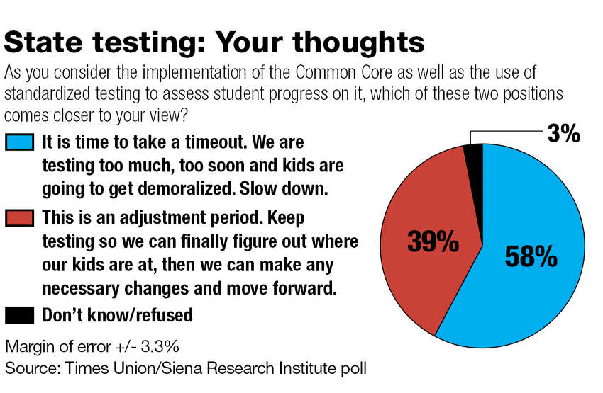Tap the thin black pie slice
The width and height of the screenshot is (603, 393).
pyautogui.click(x=475, y=161)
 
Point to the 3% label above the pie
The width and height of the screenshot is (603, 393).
pyautogui.click(x=564, y=134)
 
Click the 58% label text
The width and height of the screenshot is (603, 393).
pyautogui.click(x=531, y=256)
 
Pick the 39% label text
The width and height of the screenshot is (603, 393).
pyautogui.click(x=433, y=241)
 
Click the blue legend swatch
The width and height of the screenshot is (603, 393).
pyautogui.click(x=19, y=142)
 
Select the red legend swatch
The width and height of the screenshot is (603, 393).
pyautogui.click(x=19, y=217)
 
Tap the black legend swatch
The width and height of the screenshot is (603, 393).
pyautogui.click(x=19, y=315)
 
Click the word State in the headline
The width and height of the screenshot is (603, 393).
pyautogui.click(x=43, y=42)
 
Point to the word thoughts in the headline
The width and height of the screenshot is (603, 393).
pyautogui.click(x=358, y=43)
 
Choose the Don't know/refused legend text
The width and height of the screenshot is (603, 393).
pyautogui.click(x=117, y=315)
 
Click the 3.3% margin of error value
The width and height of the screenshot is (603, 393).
pyautogui.click(x=160, y=346)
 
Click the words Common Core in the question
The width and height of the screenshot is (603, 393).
pyautogui.click(x=344, y=72)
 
